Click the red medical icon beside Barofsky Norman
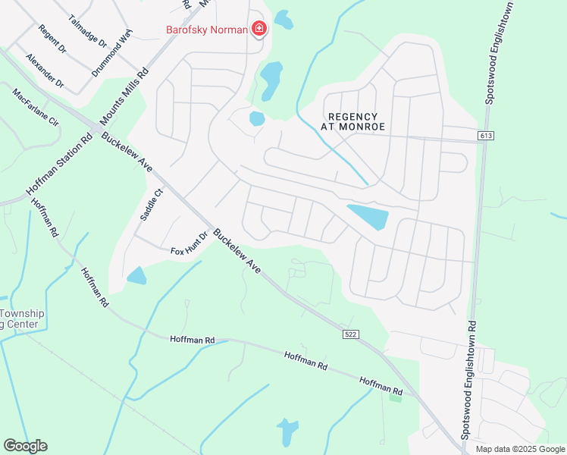click(259, 30)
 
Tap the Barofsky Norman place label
click(206, 30)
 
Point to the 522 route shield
click(349, 334)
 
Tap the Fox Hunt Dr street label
click(189, 244)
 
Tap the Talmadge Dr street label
click(87, 31)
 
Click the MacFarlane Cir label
click(35, 106)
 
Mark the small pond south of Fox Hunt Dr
click(136, 275)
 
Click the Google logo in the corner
click(25, 446)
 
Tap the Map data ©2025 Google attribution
click(520, 449)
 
